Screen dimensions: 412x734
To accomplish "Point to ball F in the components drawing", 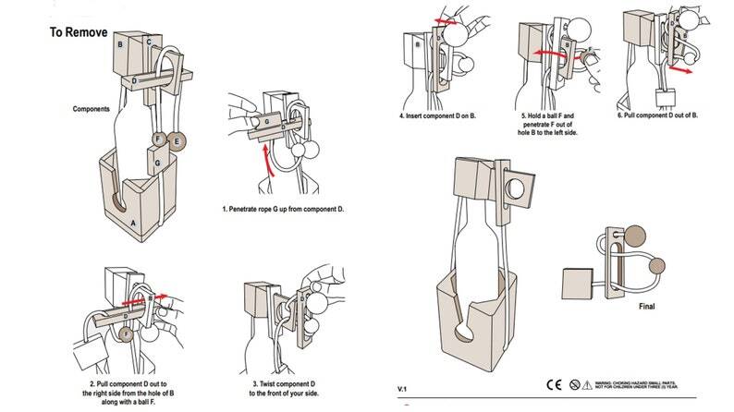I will [x=159, y=140].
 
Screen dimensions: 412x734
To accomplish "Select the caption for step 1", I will [x=283, y=210].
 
